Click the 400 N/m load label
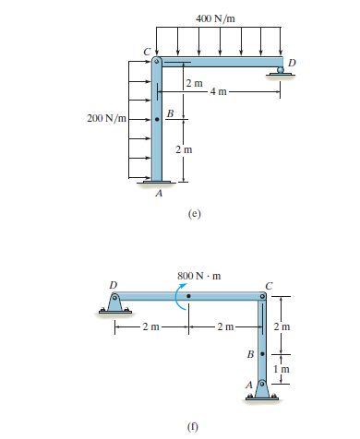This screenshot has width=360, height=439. [x=219, y=18]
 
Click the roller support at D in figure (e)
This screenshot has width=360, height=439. [x=281, y=72]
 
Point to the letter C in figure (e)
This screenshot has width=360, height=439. [x=145, y=51]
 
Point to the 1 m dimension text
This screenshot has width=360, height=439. [x=285, y=370]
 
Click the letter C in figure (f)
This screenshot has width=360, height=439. [x=269, y=284]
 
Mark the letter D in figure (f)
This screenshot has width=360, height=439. [x=113, y=284]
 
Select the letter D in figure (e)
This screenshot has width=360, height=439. [x=292, y=61]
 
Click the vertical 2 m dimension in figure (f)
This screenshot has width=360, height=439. [x=285, y=326]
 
